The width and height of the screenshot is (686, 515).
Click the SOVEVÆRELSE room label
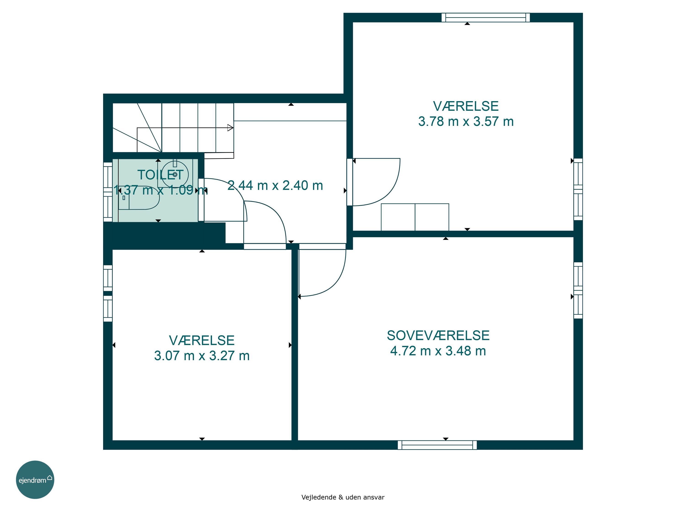(x=438, y=336)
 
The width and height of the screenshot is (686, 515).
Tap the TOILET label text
(x=160, y=175)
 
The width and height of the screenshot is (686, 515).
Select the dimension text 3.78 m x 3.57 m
(x=466, y=121)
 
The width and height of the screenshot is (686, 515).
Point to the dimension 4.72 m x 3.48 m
(x=438, y=351)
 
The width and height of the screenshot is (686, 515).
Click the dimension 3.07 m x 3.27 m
(x=202, y=356)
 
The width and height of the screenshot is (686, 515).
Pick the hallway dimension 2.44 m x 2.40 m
(x=275, y=185)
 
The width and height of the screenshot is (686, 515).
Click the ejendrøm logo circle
(x=35, y=480)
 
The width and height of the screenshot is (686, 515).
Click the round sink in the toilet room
(x=175, y=174)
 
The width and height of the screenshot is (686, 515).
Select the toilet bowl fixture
(x=139, y=198)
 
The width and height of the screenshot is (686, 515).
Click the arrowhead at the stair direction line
(x=230, y=127)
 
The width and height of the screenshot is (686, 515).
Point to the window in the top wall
(x=486, y=18)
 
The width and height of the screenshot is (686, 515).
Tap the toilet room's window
(x=108, y=192)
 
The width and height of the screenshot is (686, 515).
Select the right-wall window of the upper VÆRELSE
(x=578, y=189)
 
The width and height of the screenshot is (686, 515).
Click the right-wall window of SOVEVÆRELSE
(x=578, y=290)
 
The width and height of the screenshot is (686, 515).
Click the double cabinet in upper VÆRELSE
(x=415, y=217)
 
